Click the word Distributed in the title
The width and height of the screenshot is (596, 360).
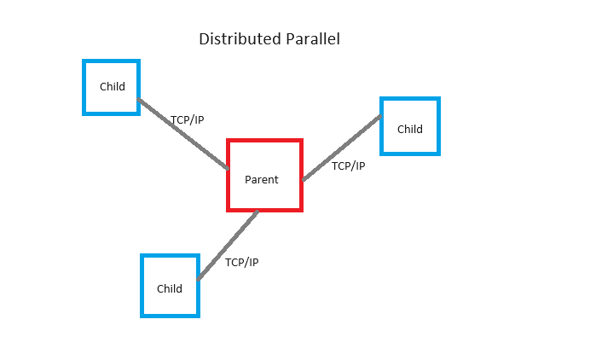click(x=240, y=38)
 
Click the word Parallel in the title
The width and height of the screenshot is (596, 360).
click(x=313, y=38)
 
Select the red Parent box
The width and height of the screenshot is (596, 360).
click(x=227, y=175)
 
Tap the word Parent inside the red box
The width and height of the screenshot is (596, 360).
click(x=262, y=179)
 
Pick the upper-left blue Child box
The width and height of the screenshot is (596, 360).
click(x=84, y=87)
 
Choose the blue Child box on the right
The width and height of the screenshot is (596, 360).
click(x=381, y=126)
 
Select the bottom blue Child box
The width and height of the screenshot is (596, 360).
click(x=142, y=286)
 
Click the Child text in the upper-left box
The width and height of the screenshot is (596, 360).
click(x=113, y=87)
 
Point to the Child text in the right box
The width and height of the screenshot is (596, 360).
click(x=410, y=130)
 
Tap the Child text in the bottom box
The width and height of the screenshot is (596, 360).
click(x=170, y=288)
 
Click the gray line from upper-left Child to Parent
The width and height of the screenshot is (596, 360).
click(x=183, y=134)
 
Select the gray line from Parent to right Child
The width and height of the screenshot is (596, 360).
click(x=342, y=148)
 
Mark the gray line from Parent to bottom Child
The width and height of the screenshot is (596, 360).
click(x=228, y=245)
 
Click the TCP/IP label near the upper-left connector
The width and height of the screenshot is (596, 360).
click(x=188, y=120)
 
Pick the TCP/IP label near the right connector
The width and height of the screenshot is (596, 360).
click(x=349, y=166)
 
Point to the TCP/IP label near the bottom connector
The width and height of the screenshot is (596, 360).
click(x=242, y=262)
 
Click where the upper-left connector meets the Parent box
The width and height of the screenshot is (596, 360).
click(x=228, y=168)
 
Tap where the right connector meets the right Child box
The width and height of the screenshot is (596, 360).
click(x=380, y=117)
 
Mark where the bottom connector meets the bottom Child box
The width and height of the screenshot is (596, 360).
click(x=199, y=279)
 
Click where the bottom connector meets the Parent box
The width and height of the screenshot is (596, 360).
click(x=257, y=212)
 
